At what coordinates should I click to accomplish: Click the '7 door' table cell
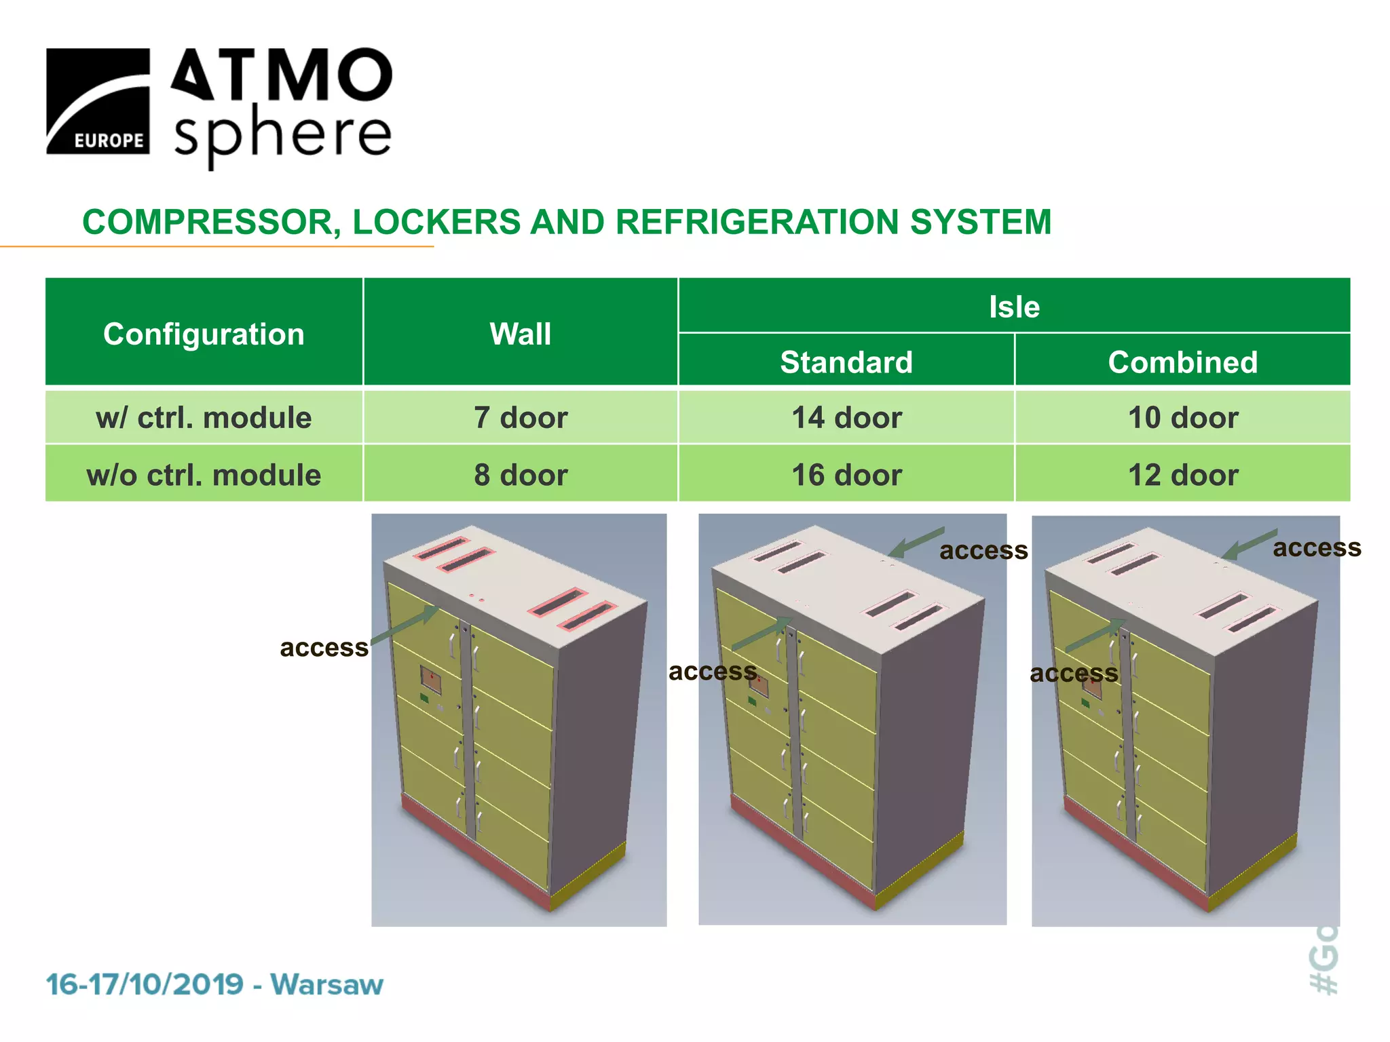tap(521, 418)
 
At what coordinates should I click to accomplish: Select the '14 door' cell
tap(846, 418)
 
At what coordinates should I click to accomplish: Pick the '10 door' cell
tap(1183, 418)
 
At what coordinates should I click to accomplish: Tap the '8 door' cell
tap(521, 475)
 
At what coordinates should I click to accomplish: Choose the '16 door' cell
tap(846, 475)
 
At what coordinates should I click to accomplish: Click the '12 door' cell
tap(1183, 475)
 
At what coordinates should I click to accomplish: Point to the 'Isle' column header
tap(1014, 307)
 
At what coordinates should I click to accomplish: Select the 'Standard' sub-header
tap(846, 362)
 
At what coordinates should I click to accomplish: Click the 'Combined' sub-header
tap(1183, 362)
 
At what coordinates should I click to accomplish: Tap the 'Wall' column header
tap(521, 334)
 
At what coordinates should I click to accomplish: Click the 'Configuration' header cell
tap(204, 334)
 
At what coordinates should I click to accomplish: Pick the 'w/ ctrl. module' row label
tap(204, 418)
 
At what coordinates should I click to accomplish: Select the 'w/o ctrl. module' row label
tap(204, 475)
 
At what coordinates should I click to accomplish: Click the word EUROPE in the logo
tap(109, 140)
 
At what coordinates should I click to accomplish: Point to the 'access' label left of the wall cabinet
tap(324, 648)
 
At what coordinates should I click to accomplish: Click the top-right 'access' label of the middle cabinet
tap(983, 551)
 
